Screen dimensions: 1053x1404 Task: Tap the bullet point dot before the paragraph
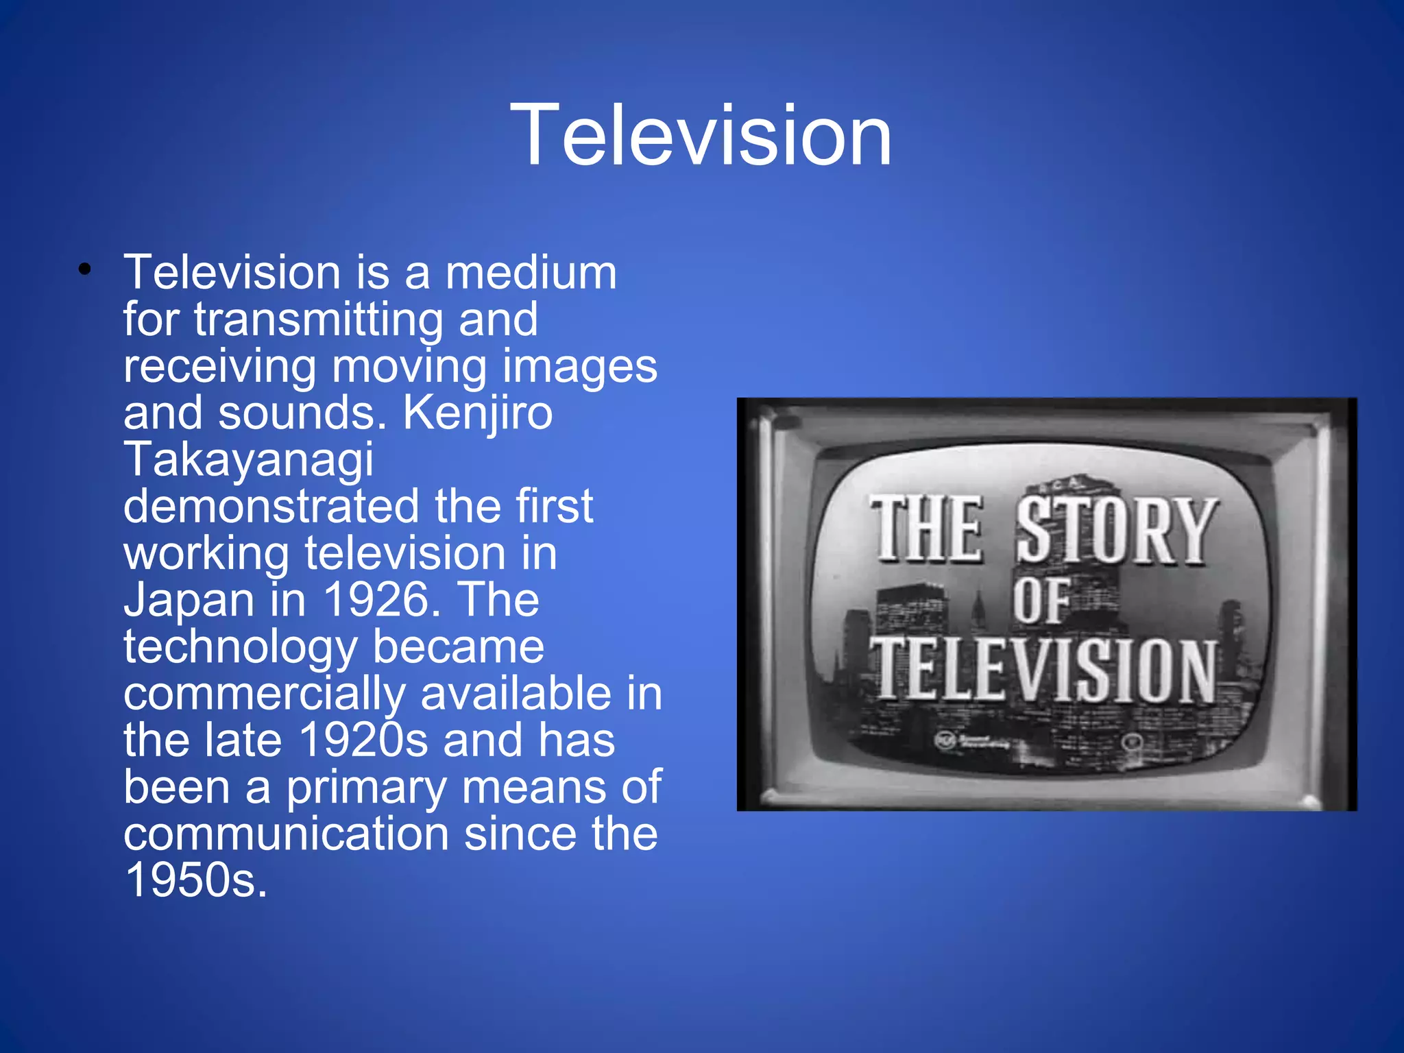coord(84,270)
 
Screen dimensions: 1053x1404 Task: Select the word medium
coord(531,273)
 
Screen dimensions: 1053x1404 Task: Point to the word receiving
coord(219,367)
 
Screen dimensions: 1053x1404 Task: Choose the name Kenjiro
coord(477,413)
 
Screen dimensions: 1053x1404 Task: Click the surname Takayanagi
coord(248,460)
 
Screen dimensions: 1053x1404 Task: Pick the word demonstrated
coord(271,507)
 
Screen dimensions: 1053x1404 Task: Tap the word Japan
coord(189,601)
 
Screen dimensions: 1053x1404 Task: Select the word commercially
coord(265,694)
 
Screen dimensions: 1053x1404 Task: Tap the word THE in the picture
coord(927,529)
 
